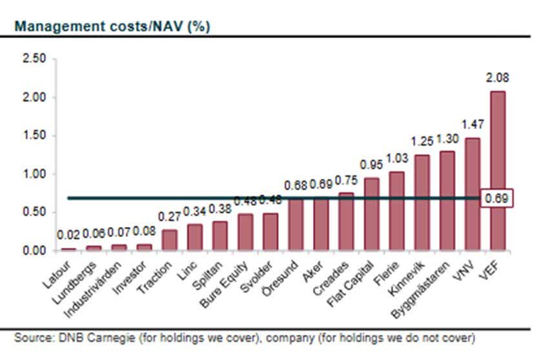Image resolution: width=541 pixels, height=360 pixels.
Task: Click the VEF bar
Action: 498,171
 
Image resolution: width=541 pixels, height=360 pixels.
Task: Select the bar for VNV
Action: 473,194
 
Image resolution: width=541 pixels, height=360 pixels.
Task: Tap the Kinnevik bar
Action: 422,203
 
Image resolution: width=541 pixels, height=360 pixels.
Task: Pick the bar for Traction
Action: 169,240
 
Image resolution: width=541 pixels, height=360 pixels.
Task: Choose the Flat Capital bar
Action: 371,214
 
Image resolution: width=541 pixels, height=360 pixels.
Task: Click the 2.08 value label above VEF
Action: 498,79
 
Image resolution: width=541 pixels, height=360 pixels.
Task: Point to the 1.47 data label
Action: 473,125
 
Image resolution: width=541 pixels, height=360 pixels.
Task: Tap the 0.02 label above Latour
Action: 68,236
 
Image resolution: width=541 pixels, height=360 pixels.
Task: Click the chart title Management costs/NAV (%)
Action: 112,26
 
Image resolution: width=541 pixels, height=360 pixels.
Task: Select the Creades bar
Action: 346,222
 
